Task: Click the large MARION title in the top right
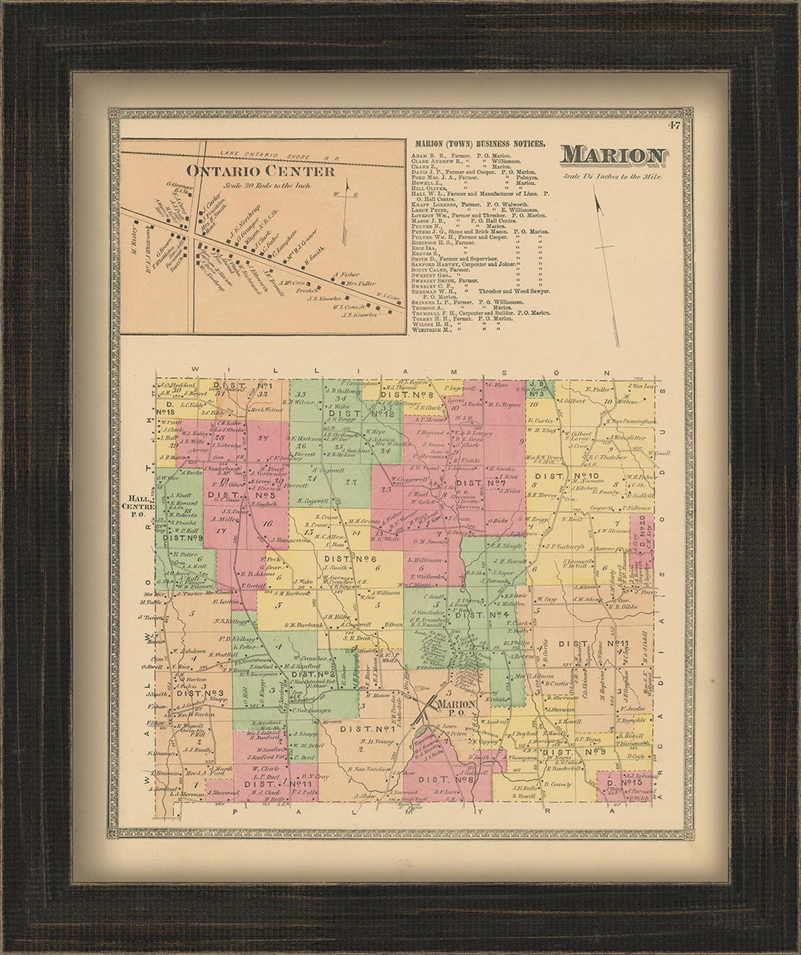[613, 156]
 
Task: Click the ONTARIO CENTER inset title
[260, 171]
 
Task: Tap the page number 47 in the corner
[673, 125]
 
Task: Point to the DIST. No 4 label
[480, 615]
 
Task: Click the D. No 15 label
[620, 783]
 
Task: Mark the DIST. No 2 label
[314, 675]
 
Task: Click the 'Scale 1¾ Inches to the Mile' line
[612, 176]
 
